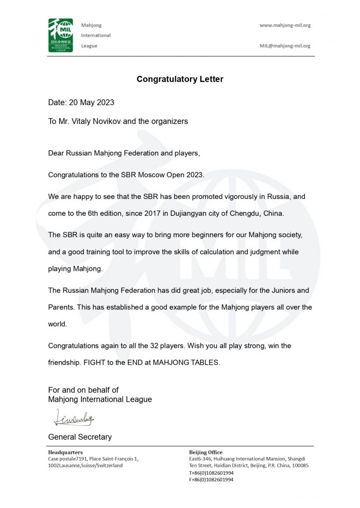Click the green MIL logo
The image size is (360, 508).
(x=61, y=35)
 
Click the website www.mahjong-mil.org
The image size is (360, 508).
(x=285, y=25)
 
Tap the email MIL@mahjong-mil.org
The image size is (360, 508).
(x=285, y=46)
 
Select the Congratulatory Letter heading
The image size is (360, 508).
(x=180, y=79)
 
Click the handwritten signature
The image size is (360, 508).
(x=73, y=418)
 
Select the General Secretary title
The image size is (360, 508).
(x=79, y=437)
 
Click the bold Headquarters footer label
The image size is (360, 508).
(x=65, y=452)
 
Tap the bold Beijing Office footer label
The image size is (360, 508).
(x=206, y=452)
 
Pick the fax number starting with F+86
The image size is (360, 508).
(x=211, y=480)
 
